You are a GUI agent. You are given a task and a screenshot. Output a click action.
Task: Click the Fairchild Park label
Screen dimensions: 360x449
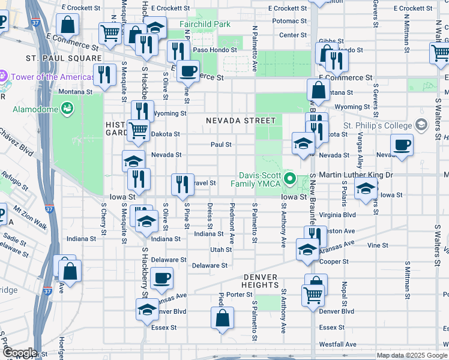click(x=205, y=25)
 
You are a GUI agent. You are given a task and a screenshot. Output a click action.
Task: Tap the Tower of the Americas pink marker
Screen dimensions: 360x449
click(x=2, y=77)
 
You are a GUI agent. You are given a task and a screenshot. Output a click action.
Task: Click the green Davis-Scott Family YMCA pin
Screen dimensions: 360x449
click(x=291, y=178)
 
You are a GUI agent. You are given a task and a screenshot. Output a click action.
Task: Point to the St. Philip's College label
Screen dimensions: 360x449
click(x=377, y=125)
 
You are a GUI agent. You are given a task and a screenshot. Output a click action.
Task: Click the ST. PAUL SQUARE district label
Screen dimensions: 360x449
click(x=64, y=58)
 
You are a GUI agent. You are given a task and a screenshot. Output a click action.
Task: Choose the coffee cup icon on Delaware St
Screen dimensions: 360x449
click(x=162, y=278)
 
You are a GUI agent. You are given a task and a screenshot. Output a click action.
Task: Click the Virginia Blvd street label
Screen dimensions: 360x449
click(x=340, y=214)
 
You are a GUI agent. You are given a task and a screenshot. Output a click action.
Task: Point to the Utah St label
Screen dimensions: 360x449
click(x=220, y=249)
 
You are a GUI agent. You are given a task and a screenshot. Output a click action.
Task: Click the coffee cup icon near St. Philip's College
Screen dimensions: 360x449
click(x=402, y=144)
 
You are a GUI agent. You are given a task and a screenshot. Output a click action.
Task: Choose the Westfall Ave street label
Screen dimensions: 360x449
click(x=339, y=344)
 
